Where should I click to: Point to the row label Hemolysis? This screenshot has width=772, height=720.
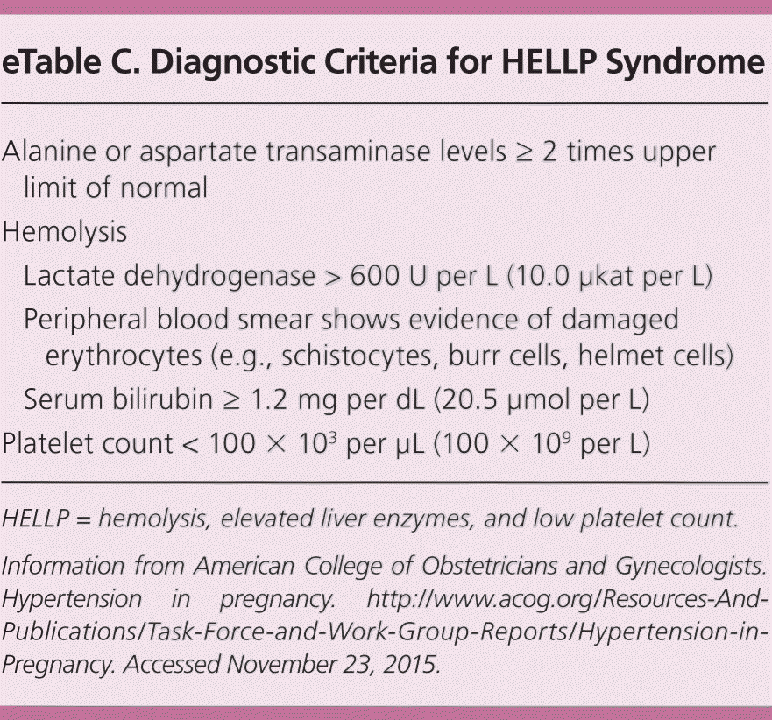click(65, 233)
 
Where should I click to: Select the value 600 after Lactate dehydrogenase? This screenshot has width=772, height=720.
click(377, 276)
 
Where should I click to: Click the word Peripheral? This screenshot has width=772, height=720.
click(87, 319)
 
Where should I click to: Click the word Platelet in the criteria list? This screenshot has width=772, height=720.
click(50, 442)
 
